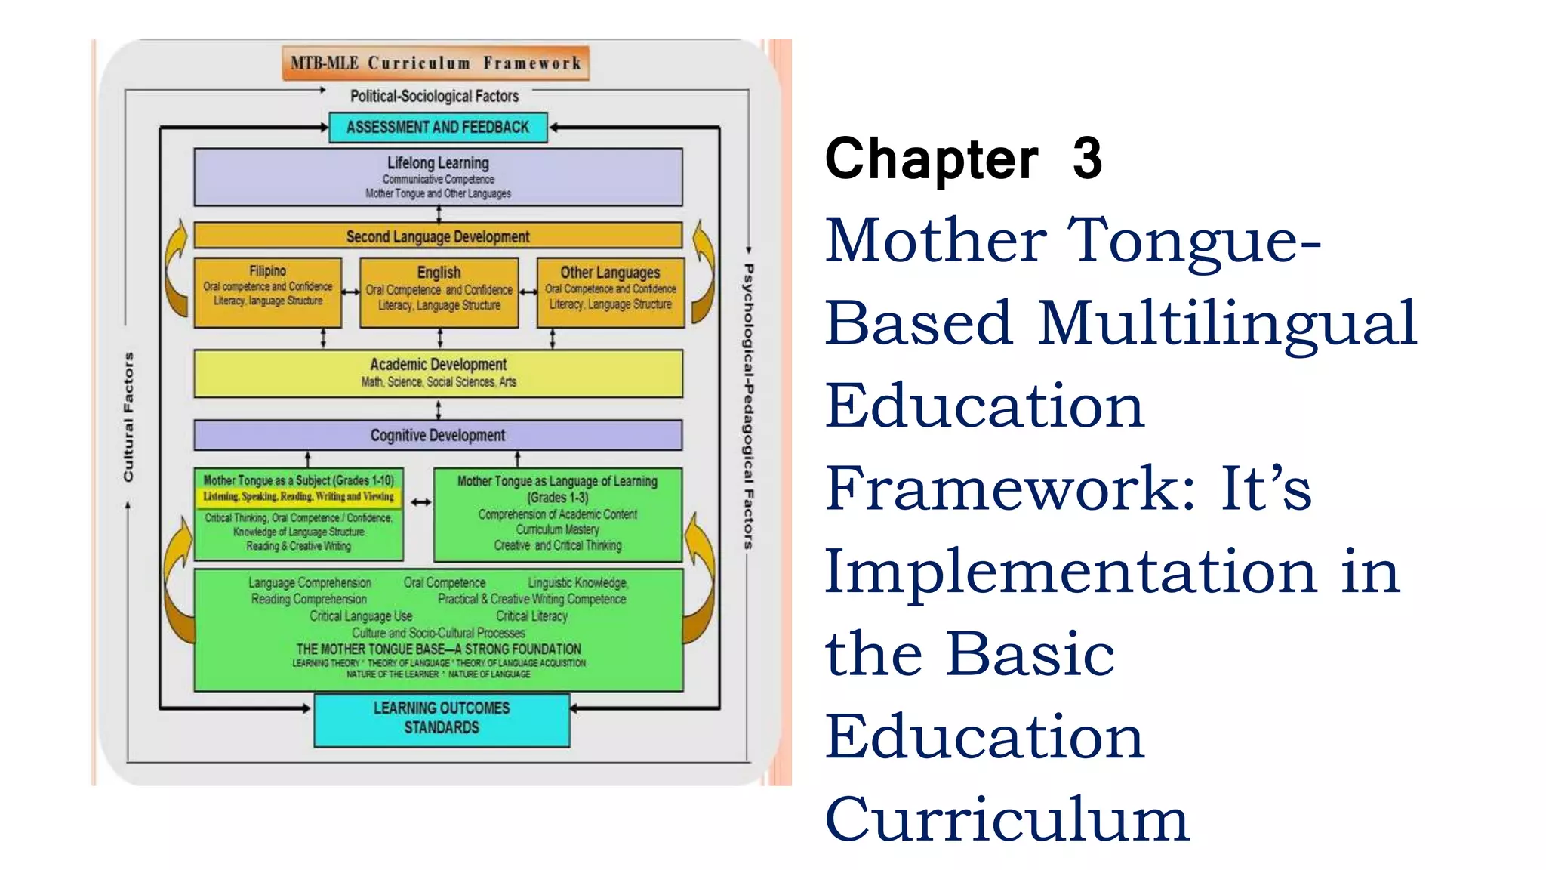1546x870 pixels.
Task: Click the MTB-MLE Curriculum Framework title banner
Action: (x=436, y=63)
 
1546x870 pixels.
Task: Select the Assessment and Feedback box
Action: (x=438, y=128)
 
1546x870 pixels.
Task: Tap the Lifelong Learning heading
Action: (x=438, y=163)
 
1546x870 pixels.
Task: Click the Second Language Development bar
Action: (x=438, y=236)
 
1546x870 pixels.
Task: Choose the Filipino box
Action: (x=268, y=292)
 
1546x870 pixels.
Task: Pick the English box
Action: (x=439, y=292)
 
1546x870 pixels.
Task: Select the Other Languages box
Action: (x=610, y=292)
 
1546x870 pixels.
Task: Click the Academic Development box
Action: (x=438, y=373)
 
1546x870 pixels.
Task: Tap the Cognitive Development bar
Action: (x=438, y=435)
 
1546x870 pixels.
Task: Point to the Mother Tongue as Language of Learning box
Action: (x=558, y=514)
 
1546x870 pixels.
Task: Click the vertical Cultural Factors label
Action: (x=128, y=417)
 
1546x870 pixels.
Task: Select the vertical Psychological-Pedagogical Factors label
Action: (x=748, y=406)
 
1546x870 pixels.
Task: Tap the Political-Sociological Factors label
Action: (x=434, y=96)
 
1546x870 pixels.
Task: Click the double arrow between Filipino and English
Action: (x=351, y=292)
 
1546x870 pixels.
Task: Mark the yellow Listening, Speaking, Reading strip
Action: (x=298, y=497)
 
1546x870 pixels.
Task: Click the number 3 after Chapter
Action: (x=1087, y=159)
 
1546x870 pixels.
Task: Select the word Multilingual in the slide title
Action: (x=1227, y=323)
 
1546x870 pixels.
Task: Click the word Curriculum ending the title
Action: (x=1007, y=819)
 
